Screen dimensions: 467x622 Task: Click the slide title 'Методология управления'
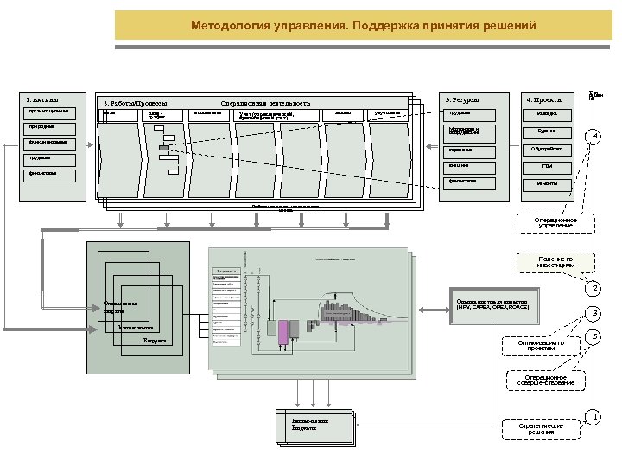pos(364,26)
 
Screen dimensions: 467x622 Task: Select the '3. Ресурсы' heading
pos(462,100)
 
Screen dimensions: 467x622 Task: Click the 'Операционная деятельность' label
pos(264,104)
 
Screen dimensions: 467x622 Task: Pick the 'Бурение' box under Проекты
pos(546,132)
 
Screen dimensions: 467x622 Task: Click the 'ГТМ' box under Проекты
pos(546,166)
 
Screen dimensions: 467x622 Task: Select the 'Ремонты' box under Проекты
pos(546,183)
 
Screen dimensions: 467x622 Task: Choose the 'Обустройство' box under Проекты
pos(546,149)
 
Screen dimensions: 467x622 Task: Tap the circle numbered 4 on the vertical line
pos(593,137)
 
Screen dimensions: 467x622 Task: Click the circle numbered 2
pos(593,288)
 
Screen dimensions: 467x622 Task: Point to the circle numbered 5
pos(593,336)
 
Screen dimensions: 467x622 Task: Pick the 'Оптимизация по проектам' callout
pos(542,347)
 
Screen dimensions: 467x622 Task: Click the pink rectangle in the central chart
pos(283,329)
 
